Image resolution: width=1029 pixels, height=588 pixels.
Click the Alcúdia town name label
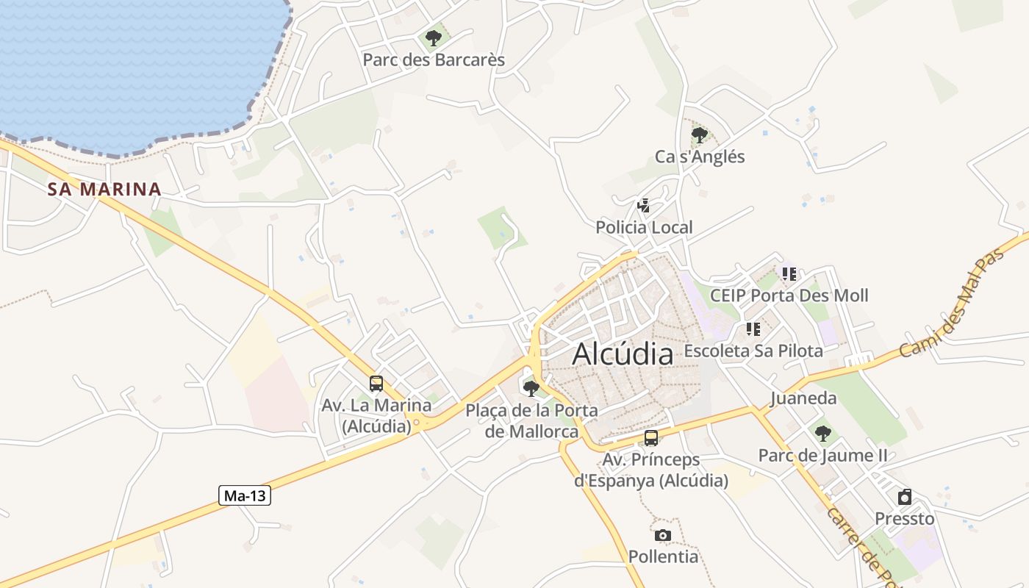pos(623,354)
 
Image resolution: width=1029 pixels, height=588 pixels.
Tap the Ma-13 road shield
pos(245,496)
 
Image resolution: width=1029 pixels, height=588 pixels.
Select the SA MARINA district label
pos(104,189)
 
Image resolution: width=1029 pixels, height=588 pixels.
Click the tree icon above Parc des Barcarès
pos(434,37)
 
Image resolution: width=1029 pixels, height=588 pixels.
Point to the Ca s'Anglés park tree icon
pos(699,135)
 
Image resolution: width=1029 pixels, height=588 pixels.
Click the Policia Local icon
pos(644,206)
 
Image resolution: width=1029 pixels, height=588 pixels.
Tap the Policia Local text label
pos(644,227)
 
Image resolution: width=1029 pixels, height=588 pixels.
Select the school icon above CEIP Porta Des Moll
pos(789,274)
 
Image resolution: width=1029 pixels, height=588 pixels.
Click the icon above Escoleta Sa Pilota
pos(753,329)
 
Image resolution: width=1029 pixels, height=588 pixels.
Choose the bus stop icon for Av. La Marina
pos(376,383)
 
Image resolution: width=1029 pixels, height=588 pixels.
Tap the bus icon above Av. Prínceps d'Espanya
pos(650,438)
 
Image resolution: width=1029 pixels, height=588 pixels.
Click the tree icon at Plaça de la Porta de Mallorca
pos(531,388)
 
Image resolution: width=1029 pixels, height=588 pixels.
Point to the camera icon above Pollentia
pos(663,535)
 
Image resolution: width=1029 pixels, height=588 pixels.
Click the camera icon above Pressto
pos(905,497)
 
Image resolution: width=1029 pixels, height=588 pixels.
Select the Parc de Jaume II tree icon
pos(822,433)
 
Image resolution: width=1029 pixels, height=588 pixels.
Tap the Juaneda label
pos(803,398)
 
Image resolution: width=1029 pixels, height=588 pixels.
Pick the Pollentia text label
pos(663,556)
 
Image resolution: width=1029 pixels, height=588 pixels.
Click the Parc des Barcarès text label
pos(434,60)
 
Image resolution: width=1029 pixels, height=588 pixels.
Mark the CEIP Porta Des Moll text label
pos(789,295)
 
